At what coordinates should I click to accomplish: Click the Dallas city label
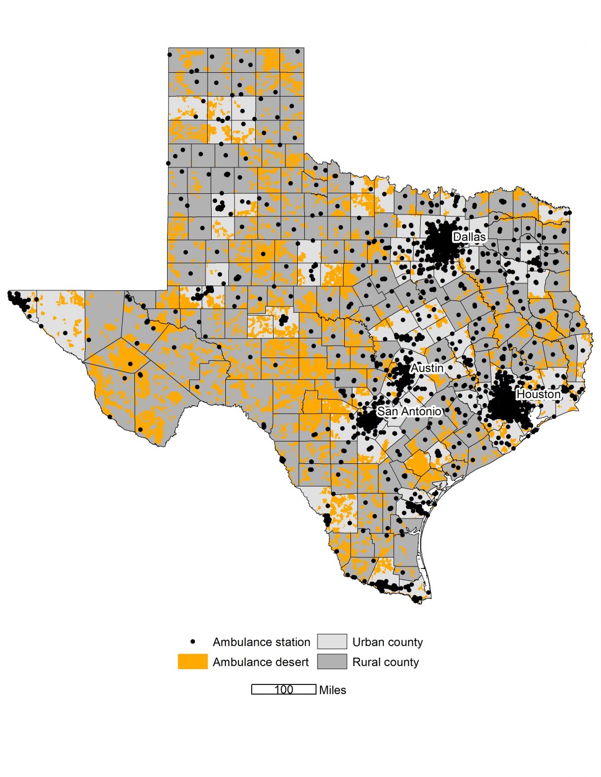pyautogui.click(x=469, y=237)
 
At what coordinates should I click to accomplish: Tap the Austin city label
pyautogui.click(x=427, y=368)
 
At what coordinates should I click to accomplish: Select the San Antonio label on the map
pyautogui.click(x=409, y=411)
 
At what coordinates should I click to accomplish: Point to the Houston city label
pyautogui.click(x=538, y=394)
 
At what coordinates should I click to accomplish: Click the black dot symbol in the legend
pyautogui.click(x=193, y=641)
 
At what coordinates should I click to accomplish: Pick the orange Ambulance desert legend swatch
pyautogui.click(x=192, y=662)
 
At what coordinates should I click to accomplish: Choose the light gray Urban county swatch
pyautogui.click(x=332, y=641)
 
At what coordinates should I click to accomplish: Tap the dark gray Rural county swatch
pyautogui.click(x=332, y=662)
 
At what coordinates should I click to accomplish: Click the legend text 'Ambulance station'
pyautogui.click(x=261, y=642)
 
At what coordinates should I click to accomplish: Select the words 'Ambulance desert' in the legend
pyautogui.click(x=260, y=662)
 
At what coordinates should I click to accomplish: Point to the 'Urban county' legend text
pyautogui.click(x=387, y=642)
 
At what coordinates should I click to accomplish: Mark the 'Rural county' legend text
pyautogui.click(x=385, y=662)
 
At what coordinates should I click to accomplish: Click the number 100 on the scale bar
pyautogui.click(x=284, y=689)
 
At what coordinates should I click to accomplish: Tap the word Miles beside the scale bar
pyautogui.click(x=333, y=690)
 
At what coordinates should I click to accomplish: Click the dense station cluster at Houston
pyautogui.click(x=506, y=402)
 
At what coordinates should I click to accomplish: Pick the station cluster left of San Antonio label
pyautogui.click(x=368, y=420)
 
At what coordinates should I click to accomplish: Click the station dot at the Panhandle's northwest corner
pyautogui.click(x=170, y=55)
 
